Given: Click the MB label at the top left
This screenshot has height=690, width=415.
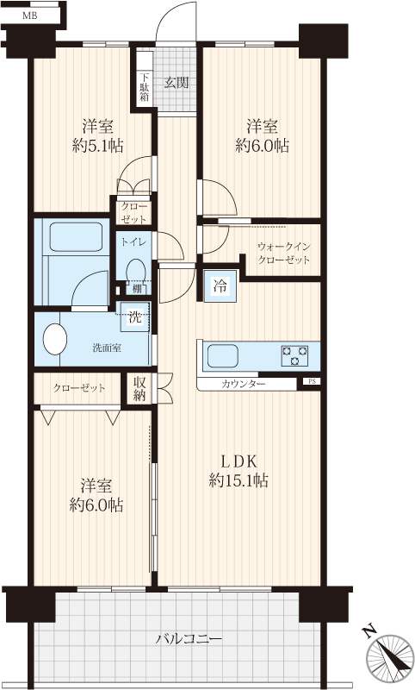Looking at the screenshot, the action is tap(30, 16).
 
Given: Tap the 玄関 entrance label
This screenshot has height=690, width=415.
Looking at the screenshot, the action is tap(177, 82).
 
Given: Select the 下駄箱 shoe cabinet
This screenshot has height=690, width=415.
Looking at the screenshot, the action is tap(144, 78).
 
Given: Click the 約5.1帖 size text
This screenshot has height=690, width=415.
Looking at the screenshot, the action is tap(97, 146).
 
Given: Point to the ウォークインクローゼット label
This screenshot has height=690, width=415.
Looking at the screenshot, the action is tap(283, 253).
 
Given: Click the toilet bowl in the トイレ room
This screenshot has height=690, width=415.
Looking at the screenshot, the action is tap(136, 269).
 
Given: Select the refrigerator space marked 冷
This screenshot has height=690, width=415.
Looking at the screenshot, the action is tap(220, 286).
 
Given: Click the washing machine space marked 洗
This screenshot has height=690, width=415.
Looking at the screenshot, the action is tap(135, 317).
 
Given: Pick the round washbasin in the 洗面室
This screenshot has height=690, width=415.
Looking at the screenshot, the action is tap(55, 339).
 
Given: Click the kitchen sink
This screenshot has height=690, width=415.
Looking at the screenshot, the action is tap(223, 355).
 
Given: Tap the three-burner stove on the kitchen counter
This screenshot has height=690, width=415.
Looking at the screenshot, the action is tap(294, 355).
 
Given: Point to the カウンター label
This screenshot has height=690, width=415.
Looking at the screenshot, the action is tap(244, 384).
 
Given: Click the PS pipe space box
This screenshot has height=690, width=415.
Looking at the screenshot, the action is tap(312, 381).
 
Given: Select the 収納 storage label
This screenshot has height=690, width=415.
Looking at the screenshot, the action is tap(139, 389).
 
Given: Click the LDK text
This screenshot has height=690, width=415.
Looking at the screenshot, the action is tap(238, 461).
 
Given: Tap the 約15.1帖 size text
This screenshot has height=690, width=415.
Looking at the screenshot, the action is tap(238, 480).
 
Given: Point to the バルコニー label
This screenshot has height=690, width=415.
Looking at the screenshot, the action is tap(189, 638).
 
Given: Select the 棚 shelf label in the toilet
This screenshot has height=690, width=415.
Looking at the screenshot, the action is tap(137, 288).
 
